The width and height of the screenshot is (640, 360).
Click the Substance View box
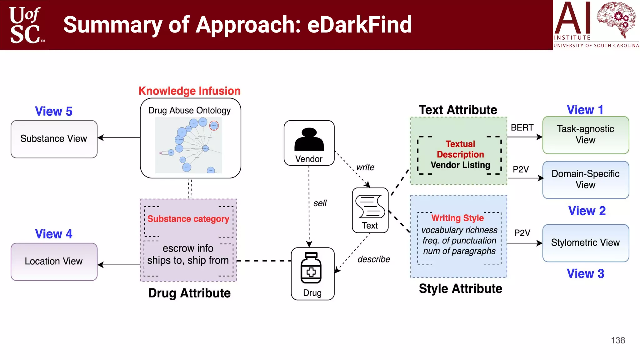[x=54, y=139]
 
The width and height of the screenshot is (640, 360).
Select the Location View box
[x=54, y=262]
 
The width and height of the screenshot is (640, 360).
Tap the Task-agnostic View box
[x=585, y=135]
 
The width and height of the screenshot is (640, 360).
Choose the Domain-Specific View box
[x=585, y=180]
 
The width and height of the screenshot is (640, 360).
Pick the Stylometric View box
[x=585, y=243]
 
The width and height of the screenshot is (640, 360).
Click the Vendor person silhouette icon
[x=309, y=140]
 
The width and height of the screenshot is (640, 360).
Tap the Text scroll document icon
[x=370, y=207]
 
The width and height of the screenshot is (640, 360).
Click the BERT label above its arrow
[x=522, y=128]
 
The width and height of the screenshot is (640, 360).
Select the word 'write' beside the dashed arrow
[x=365, y=167]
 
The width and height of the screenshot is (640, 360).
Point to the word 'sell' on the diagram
[x=320, y=203]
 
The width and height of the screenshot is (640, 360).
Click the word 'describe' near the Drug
[x=374, y=259]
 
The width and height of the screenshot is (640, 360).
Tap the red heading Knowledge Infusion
[x=189, y=91]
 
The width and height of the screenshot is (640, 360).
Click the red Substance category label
[x=188, y=219]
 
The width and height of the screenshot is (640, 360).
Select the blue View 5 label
[x=53, y=111]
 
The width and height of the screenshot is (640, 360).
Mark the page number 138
[x=618, y=340]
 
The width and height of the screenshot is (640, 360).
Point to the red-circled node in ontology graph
[x=214, y=126]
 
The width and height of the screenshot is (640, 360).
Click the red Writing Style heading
[x=457, y=218]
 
